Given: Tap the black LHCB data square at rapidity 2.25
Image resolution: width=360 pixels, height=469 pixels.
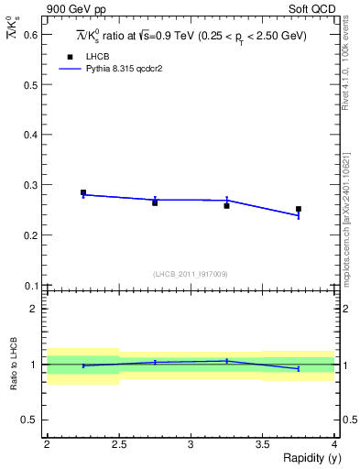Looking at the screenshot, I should coord(83,193).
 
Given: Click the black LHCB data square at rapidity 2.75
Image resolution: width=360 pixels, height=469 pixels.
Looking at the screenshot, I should coord(155,202).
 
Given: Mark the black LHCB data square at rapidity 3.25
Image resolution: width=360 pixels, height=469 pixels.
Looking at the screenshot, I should coord(226,205).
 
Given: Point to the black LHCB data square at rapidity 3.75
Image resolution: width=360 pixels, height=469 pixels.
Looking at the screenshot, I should coord(298,209).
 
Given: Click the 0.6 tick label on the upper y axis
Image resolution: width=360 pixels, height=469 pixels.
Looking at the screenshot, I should coord(32,35).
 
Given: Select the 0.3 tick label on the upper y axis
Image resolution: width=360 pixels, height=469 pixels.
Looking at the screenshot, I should coord(32,185).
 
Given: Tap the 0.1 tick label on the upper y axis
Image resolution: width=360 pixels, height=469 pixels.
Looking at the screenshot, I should coord(32,285).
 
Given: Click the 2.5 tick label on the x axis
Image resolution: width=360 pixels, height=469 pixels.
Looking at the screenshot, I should coord(119,444).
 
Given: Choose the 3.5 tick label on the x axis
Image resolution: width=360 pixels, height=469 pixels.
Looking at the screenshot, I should coord(262,444).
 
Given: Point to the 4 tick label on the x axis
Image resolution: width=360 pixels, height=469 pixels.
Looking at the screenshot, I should coord(334,444).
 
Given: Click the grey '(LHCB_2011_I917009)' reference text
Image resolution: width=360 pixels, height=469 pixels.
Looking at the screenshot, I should coord(191,274).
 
